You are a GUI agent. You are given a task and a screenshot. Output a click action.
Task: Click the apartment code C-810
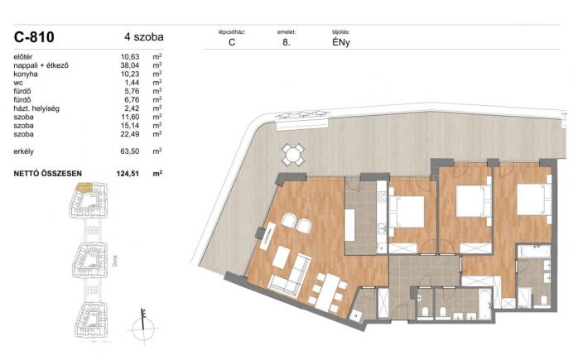pos(34,37)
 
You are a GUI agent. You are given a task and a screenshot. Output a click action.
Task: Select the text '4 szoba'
pos(144,37)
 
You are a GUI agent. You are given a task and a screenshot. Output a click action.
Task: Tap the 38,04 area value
pos(130,65)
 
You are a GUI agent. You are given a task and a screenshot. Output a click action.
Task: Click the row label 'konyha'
pos(26,74)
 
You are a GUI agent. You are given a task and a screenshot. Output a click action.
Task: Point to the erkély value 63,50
pos(130,151)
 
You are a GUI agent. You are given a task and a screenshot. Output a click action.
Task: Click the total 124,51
pos(128,174)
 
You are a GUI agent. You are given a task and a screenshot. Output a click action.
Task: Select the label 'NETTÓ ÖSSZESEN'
pos(48,174)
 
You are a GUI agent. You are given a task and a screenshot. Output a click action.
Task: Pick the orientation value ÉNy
pos(341,42)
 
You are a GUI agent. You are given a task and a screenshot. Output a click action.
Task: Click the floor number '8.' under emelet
pos(286,42)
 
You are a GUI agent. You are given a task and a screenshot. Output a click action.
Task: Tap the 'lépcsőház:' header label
pos(232,32)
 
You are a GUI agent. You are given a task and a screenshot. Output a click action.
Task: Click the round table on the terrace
pos(293,155)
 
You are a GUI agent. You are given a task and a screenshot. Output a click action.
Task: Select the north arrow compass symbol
pos(143,326)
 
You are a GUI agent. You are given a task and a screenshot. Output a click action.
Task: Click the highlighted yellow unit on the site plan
pos(84,188)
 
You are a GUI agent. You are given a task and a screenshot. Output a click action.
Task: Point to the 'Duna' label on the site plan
pos(115,261)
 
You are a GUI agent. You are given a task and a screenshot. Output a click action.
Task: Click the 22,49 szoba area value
pos(130,134)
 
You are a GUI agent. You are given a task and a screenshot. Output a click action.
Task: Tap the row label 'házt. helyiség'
pos(36,108)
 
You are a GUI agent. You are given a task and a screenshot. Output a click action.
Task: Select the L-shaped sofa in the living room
pos(290,275)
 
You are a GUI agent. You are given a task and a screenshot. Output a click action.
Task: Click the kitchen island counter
pos(349,225)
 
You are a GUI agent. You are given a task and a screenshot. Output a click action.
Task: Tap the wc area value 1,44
pos(132,83)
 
